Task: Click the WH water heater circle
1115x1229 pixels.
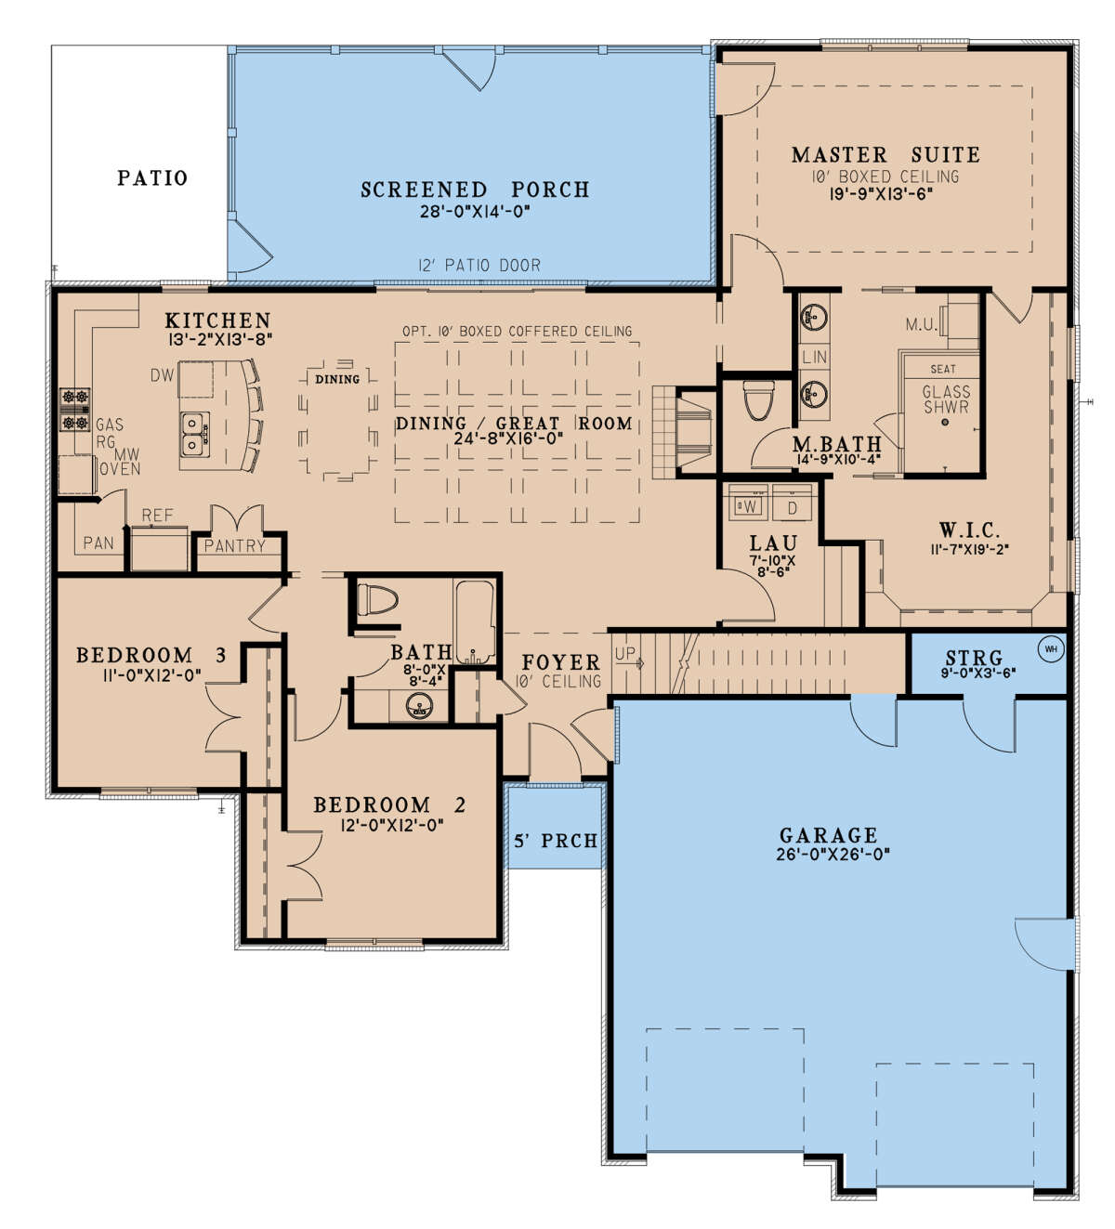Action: click(x=1051, y=649)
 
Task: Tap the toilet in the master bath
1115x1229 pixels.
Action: click(x=759, y=401)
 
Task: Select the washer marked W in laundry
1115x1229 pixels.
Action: click(x=748, y=506)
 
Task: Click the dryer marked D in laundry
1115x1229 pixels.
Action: click(x=792, y=506)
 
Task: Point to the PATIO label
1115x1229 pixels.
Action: click(x=152, y=178)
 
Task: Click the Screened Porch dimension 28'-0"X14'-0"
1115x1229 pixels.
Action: click(x=475, y=212)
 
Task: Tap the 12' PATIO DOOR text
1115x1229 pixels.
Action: click(x=479, y=266)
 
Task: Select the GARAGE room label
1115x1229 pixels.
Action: click(x=829, y=836)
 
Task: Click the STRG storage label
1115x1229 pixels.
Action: click(x=974, y=658)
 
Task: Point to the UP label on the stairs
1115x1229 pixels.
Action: click(x=624, y=654)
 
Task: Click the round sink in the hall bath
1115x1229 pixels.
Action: click(x=419, y=706)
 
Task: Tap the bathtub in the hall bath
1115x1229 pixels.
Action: click(x=475, y=621)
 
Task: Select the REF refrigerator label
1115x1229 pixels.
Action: click(x=158, y=516)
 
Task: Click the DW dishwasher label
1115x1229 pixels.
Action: click(x=163, y=375)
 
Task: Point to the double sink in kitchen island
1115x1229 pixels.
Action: click(x=195, y=434)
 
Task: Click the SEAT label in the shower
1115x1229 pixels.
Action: click(x=943, y=369)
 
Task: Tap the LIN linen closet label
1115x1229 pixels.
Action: click(x=815, y=358)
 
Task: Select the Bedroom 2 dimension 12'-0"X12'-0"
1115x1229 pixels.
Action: click(x=392, y=825)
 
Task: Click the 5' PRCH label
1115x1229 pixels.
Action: click(x=556, y=841)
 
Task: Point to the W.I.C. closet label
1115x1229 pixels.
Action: click(x=969, y=530)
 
